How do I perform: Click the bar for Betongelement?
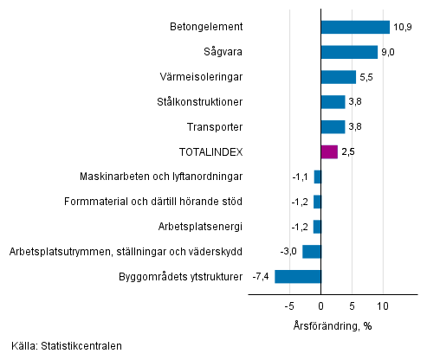[355, 27]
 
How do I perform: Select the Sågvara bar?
[349, 52]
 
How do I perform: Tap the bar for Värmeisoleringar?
[338, 77]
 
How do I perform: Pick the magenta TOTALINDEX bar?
[328, 152]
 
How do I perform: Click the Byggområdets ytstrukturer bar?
[298, 277]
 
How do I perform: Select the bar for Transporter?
[333, 127]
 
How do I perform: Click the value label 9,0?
[390, 52]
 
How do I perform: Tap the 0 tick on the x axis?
[320, 305]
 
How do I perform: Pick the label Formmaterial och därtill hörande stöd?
[153, 202]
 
